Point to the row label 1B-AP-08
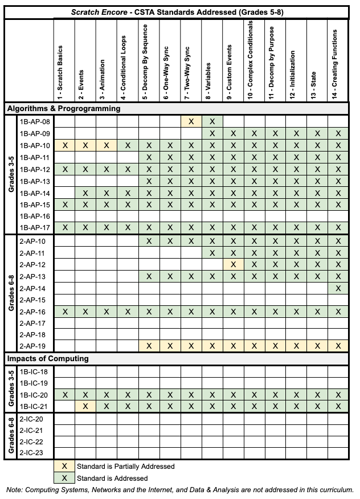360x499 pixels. [35, 121]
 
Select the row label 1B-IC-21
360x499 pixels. [35, 406]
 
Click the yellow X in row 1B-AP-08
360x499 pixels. [191, 121]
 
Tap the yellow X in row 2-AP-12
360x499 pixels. [233, 265]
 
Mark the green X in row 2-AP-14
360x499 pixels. [338, 289]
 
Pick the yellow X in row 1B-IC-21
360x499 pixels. [85, 406]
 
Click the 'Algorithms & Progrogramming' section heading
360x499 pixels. [64, 108]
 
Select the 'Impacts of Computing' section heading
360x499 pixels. [48, 359]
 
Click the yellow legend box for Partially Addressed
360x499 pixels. [64, 466]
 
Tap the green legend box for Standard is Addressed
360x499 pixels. [64, 478]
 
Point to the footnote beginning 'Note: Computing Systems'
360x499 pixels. [180, 490]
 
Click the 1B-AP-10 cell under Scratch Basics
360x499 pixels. [64, 145]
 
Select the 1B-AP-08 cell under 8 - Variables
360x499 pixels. [212, 121]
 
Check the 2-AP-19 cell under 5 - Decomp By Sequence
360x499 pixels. [149, 346]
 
